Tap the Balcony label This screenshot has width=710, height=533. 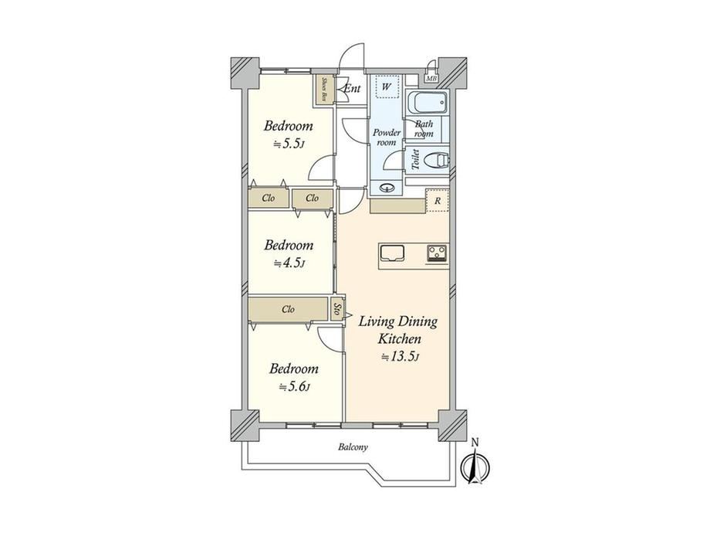(x=353, y=447)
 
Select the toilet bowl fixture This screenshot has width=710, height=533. (x=438, y=159)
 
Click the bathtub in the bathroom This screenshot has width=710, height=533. (x=428, y=103)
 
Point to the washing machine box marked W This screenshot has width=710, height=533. (x=386, y=86)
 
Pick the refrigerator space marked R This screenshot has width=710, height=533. (x=437, y=201)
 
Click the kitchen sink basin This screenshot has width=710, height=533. (x=392, y=253)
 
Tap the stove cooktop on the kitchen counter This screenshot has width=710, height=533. (x=437, y=253)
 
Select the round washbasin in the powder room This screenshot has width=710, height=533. (x=386, y=188)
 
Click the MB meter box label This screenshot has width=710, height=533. (x=431, y=79)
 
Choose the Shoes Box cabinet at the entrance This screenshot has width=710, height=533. (x=325, y=90)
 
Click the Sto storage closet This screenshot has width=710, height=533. (x=337, y=310)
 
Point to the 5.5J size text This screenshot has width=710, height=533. (x=289, y=144)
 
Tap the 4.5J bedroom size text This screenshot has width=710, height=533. (x=289, y=263)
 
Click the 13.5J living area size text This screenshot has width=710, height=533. (x=401, y=357)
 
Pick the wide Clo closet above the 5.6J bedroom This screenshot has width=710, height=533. (x=288, y=309)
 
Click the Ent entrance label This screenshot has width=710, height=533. (x=352, y=88)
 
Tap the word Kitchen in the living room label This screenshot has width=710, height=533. (x=400, y=338)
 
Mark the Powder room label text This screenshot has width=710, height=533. (x=386, y=137)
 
